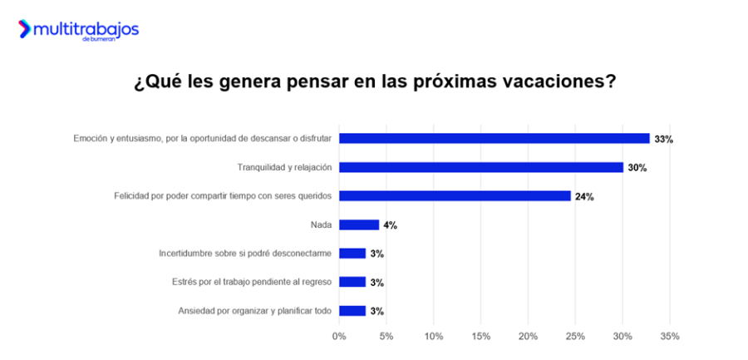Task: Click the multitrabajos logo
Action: (x=78, y=31)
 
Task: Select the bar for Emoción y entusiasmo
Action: (x=494, y=139)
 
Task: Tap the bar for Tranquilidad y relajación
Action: (x=480, y=167)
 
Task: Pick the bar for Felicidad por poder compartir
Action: (x=455, y=196)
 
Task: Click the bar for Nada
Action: (x=359, y=224)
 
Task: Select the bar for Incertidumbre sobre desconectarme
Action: (x=352, y=254)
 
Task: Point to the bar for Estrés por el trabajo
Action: (x=352, y=282)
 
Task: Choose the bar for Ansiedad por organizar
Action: (x=352, y=311)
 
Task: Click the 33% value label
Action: (x=663, y=140)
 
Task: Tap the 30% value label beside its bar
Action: (x=637, y=168)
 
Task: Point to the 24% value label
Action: (x=584, y=197)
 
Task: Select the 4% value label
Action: (x=390, y=225)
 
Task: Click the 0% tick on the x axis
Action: (x=339, y=337)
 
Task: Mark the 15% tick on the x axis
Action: (x=480, y=337)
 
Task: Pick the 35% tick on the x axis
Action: (x=670, y=337)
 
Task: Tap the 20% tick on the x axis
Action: (x=528, y=337)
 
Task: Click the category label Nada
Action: (x=321, y=224)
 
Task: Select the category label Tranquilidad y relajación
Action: (x=284, y=167)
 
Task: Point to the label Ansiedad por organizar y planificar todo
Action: (x=255, y=311)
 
